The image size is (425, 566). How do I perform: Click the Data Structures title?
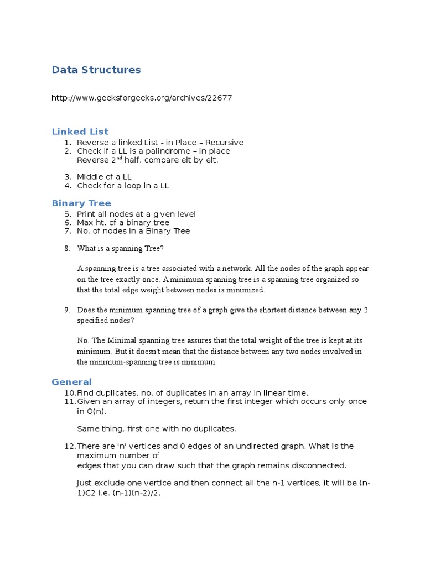[96, 70]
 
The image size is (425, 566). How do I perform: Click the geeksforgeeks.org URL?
[142, 98]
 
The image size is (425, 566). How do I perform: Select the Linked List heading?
[80, 132]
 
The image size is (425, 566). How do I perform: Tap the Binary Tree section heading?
[81, 203]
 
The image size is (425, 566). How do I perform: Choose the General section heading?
[71, 382]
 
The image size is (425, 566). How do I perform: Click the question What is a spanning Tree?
[121, 248]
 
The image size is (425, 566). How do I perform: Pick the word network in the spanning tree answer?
[237, 269]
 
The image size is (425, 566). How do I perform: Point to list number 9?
[67, 310]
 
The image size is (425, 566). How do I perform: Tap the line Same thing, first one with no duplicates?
[157, 428]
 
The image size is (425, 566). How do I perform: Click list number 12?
[70, 446]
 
